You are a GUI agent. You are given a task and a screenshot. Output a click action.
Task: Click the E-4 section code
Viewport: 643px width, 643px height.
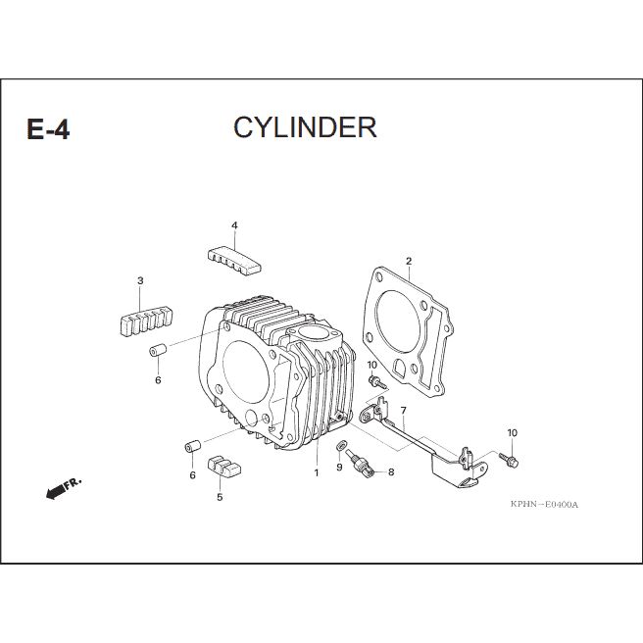pos(48,129)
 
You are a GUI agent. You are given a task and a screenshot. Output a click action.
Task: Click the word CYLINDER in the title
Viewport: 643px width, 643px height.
pos(305,127)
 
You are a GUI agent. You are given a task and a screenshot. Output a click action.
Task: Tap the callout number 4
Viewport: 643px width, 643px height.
pos(234,225)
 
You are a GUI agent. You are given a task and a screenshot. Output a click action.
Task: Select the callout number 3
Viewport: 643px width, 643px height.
pos(140,281)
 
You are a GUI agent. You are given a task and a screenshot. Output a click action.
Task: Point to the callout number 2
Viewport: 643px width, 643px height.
pos(409,261)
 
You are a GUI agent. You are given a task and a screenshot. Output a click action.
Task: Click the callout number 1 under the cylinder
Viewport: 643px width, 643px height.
pos(317,472)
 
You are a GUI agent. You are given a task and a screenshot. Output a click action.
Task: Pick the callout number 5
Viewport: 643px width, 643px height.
pos(220,497)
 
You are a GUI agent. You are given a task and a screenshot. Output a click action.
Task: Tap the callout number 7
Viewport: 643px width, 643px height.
pos(404,411)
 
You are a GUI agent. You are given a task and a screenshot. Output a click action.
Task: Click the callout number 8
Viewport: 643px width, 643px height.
pos(391,472)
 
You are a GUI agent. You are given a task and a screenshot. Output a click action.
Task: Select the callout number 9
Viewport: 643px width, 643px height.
pos(339,468)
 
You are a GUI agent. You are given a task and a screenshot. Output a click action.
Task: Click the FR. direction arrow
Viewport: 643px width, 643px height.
pos(64,488)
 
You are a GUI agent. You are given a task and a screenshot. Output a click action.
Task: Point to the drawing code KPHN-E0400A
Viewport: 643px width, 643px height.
pos(544,505)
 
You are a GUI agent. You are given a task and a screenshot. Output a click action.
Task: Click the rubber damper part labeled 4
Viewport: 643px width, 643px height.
pos(234,261)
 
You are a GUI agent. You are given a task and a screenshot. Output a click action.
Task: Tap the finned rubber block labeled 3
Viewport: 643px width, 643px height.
pos(146,321)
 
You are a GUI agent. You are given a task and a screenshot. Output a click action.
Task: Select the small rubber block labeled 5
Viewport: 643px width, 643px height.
pos(223,466)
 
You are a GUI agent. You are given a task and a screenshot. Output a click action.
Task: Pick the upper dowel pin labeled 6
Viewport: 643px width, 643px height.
pos(158,351)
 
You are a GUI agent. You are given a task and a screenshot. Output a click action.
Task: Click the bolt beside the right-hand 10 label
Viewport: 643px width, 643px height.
pos(509,460)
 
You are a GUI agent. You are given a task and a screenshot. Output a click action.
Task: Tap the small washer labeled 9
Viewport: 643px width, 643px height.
pos(341,445)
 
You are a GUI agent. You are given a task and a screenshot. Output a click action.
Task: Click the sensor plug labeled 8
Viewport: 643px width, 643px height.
pos(360,465)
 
